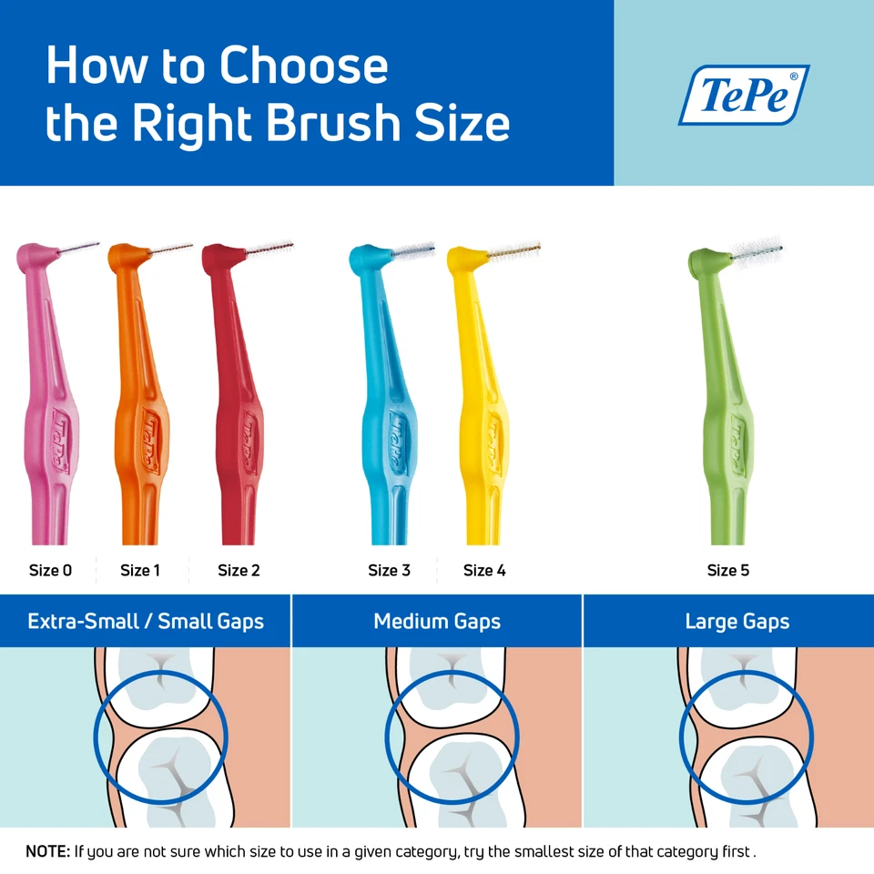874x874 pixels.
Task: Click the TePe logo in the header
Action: pyautogui.click(x=744, y=95)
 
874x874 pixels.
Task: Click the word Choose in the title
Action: pyautogui.click(x=304, y=66)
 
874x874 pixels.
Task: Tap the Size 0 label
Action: pyautogui.click(x=50, y=571)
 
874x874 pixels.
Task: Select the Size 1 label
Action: pyautogui.click(x=140, y=571)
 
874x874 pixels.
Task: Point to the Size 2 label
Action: pyautogui.click(x=239, y=571)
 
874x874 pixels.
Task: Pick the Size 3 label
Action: pyautogui.click(x=389, y=571)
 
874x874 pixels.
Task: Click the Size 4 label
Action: pyautogui.click(x=484, y=571)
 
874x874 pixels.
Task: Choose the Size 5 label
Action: pyautogui.click(x=728, y=571)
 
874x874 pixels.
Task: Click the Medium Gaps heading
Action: pyautogui.click(x=437, y=622)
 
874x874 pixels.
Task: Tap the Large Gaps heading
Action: pyautogui.click(x=737, y=622)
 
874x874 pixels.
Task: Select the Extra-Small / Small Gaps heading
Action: pyautogui.click(x=146, y=622)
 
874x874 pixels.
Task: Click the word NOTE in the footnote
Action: pyautogui.click(x=46, y=852)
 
